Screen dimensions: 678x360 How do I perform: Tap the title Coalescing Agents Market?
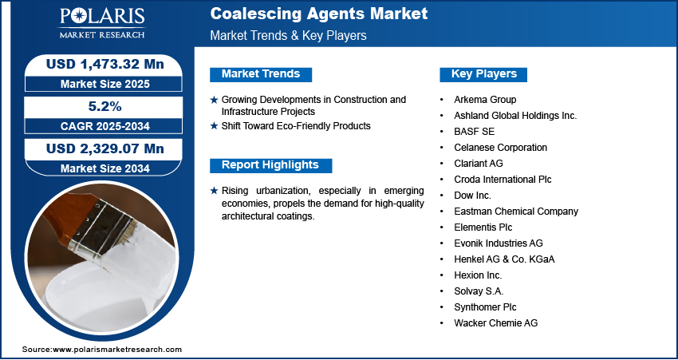pos(319,14)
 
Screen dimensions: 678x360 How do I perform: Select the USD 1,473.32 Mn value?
pos(105,65)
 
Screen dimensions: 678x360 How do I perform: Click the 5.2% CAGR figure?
pos(105,106)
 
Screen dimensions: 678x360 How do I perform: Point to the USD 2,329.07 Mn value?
pos(105,148)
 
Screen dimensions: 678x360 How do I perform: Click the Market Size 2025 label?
pos(105,84)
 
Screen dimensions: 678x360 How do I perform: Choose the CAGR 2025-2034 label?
pos(105,126)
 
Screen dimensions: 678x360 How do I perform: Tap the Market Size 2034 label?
pos(105,168)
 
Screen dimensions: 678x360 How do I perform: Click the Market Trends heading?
pos(261,74)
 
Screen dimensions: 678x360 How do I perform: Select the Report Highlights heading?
pos(270,165)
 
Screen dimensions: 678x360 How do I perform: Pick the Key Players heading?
pos(484,74)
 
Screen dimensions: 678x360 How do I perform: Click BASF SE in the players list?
pos(474,132)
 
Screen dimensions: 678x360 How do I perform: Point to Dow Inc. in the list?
pos(473,195)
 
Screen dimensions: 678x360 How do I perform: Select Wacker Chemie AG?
pos(496,322)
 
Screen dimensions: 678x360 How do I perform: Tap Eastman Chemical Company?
pos(516,212)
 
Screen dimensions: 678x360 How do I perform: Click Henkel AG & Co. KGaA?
pos(504,259)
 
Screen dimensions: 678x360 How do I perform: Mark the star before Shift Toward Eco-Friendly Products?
pos(214,126)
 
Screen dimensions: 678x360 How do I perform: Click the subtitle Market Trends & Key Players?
pos(289,35)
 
